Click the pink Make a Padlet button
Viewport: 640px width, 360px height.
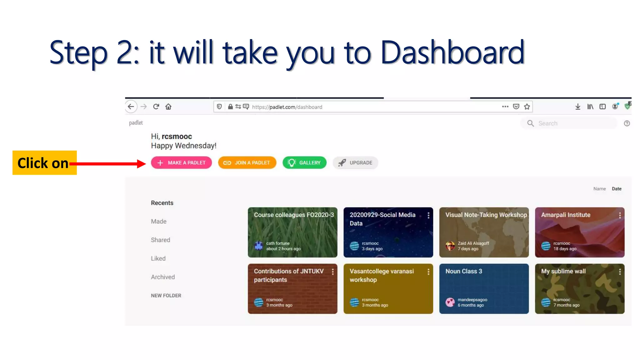[x=181, y=163]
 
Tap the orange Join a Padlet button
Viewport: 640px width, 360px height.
[x=247, y=163]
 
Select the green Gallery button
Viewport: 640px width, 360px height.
[x=304, y=163]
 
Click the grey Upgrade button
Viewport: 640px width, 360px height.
[x=355, y=163]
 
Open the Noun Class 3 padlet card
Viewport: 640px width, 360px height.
[x=484, y=289]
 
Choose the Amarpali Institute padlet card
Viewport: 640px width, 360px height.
[x=579, y=232]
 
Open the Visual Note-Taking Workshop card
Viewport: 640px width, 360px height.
[x=484, y=232]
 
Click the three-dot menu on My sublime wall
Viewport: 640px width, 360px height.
[x=620, y=272]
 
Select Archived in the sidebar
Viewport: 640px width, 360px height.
[x=163, y=277]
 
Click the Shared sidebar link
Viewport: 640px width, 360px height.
[x=160, y=240]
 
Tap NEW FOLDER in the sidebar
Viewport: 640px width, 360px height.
[x=166, y=296]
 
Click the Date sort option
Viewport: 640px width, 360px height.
[x=616, y=189]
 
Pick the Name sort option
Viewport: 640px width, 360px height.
[x=599, y=189]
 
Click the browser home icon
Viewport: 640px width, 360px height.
[x=168, y=107]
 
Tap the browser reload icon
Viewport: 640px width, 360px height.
[x=156, y=107]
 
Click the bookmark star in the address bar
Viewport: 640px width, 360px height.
[x=527, y=107]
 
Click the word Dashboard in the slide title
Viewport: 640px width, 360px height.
[x=452, y=52]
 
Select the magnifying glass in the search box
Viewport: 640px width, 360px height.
[x=530, y=123]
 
